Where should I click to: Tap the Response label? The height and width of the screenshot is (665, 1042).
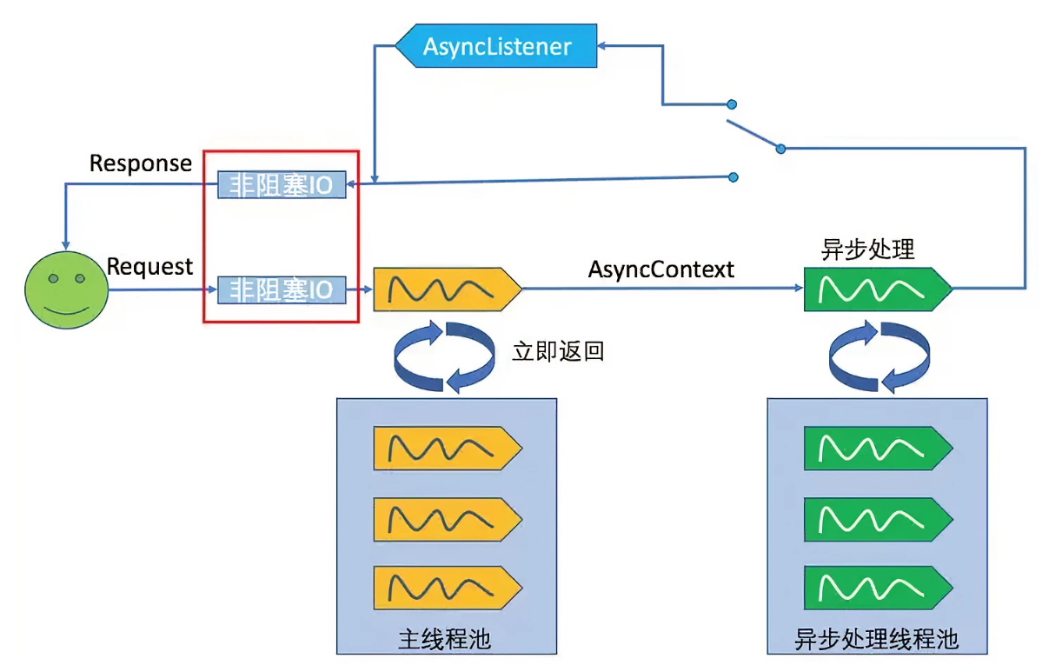point(141,163)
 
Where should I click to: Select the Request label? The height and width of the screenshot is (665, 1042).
point(149,267)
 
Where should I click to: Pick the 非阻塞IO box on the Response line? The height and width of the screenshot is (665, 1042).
point(281,185)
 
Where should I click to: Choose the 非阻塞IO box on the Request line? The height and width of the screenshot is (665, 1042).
point(281,289)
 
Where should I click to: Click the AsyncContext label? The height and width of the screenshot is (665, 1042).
point(660,269)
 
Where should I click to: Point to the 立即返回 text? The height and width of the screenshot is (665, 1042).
point(558,352)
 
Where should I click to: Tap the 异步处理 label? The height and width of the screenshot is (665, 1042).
point(867,250)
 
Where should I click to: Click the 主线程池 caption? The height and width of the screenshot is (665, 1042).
point(445,641)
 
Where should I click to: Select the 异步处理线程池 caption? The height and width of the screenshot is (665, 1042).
point(876,641)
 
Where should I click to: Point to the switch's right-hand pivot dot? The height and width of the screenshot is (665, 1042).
point(780,149)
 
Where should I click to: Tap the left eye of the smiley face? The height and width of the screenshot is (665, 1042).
point(53,280)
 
